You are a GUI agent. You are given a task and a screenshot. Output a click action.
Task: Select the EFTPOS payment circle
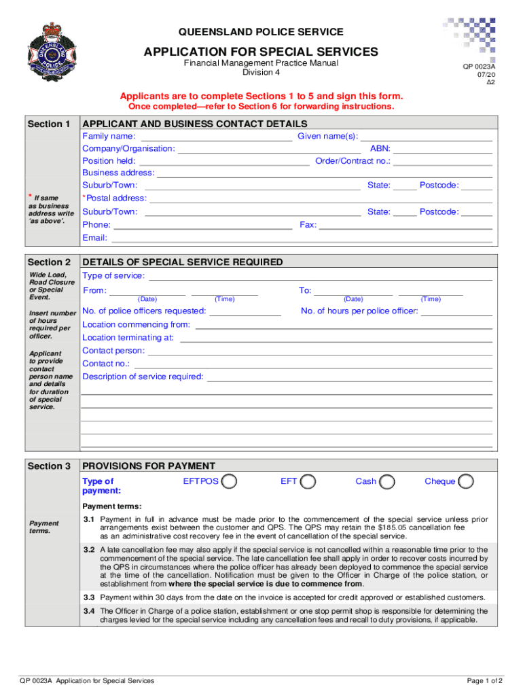tap(230, 481)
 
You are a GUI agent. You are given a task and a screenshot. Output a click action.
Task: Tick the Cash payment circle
tap(387, 481)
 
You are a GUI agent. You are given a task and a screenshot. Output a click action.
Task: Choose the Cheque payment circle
tap(466, 481)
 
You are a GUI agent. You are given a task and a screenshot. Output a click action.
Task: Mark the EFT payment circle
tap(308, 481)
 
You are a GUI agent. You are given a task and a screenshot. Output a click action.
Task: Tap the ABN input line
tap(442, 149)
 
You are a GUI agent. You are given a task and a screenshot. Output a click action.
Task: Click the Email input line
tap(301, 239)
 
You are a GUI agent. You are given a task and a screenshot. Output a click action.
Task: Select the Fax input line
tap(405, 225)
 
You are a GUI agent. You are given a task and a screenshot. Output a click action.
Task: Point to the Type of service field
tap(320, 276)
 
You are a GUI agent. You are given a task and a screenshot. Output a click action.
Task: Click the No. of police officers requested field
tap(245, 312)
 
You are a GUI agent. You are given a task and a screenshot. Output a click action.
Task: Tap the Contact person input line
tap(320, 351)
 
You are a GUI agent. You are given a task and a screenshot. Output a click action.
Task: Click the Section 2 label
tap(49, 262)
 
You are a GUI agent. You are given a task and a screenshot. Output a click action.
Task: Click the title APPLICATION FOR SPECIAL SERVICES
tap(261, 52)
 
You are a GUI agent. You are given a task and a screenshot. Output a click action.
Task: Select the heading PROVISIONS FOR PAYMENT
tap(148, 466)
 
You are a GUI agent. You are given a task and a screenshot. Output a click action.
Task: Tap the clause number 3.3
tap(89, 597)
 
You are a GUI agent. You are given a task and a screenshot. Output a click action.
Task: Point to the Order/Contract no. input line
tap(443, 162)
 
